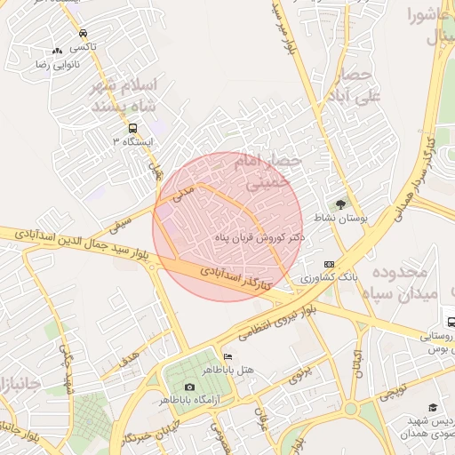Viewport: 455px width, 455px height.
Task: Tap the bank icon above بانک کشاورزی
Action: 330,264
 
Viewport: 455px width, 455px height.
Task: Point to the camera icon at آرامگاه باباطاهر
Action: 189,387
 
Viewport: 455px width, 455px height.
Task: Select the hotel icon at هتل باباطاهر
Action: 228,357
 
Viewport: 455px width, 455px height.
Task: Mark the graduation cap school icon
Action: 433,407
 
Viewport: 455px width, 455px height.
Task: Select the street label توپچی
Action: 391,395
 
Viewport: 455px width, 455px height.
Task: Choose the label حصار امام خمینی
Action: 267,172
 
